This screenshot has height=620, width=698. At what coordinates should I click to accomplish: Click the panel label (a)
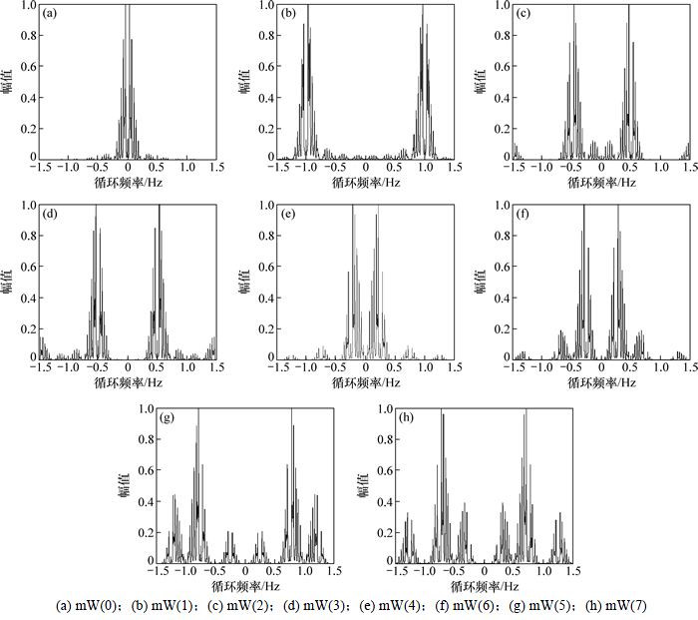[49, 14]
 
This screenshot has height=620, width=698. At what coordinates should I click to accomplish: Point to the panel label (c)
[523, 14]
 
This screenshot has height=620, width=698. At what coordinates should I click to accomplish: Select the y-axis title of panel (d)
[8, 283]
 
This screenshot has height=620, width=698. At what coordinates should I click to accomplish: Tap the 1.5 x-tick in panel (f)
[689, 369]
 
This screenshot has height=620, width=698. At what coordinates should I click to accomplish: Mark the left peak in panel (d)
[96, 210]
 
